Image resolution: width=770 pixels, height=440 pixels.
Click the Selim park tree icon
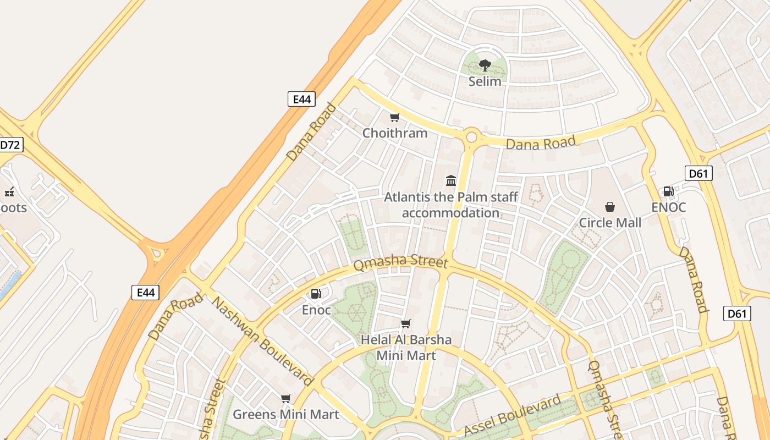click(x=485, y=65)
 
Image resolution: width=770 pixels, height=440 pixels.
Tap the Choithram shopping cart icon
click(x=394, y=117)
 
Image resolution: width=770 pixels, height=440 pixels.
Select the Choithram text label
click(x=394, y=133)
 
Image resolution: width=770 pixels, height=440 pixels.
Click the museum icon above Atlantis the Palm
click(x=451, y=180)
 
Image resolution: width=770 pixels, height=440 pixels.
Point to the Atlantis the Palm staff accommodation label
click(x=450, y=205)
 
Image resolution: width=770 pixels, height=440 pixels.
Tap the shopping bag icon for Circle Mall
click(x=609, y=207)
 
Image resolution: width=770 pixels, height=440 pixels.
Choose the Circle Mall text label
click(x=610, y=223)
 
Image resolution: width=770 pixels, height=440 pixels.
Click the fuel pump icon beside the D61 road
click(x=668, y=191)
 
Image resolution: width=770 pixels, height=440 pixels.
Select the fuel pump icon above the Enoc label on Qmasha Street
click(x=316, y=294)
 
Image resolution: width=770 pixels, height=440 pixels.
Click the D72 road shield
click(x=9, y=145)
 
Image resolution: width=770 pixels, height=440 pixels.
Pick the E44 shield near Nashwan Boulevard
click(x=145, y=292)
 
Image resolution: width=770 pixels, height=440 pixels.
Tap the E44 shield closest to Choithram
click(x=301, y=99)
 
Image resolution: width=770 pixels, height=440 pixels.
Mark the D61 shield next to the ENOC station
click(x=698, y=174)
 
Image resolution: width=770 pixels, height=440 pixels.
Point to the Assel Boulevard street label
click(x=512, y=415)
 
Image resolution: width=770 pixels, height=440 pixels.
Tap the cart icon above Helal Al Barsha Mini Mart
click(x=406, y=323)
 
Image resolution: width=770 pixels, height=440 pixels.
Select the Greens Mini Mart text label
click(x=286, y=414)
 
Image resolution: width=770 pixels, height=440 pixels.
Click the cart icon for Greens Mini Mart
click(x=285, y=398)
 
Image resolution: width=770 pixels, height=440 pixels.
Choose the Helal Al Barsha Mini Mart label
click(x=406, y=348)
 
